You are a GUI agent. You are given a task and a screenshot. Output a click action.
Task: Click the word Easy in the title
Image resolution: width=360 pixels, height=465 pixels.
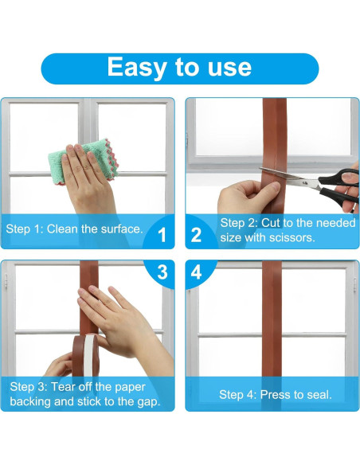click(137, 68)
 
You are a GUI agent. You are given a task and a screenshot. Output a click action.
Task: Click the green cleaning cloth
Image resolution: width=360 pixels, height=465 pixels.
click(84, 162)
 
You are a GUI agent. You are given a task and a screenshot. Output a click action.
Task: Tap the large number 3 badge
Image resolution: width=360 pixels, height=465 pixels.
click(162, 272)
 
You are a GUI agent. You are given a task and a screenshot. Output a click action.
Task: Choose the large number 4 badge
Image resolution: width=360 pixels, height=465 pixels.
click(196, 272)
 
